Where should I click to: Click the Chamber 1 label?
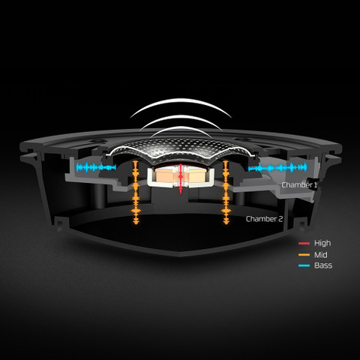tap(299, 185)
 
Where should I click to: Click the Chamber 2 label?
tap(264, 219)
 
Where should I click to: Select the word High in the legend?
tap(322, 243)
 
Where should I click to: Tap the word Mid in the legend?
tap(321, 255)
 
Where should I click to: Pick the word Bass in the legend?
tap(323, 265)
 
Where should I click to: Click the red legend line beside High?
tap(304, 243)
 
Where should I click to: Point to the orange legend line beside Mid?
tap(304, 255)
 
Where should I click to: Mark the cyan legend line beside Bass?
tap(304, 265)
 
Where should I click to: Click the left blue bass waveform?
tap(96, 167)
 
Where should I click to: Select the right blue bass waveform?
tap(277, 168)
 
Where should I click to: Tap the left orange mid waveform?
tap(136, 192)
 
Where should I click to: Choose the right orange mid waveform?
tap(226, 192)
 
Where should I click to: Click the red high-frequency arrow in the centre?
tap(181, 178)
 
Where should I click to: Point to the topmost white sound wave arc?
tap(181, 100)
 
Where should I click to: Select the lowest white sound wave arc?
tap(181, 128)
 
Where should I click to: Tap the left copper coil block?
tap(165, 175)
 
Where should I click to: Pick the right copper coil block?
tap(196, 175)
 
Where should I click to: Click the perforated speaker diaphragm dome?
tap(181, 148)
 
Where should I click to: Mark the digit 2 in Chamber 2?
tap(280, 219)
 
